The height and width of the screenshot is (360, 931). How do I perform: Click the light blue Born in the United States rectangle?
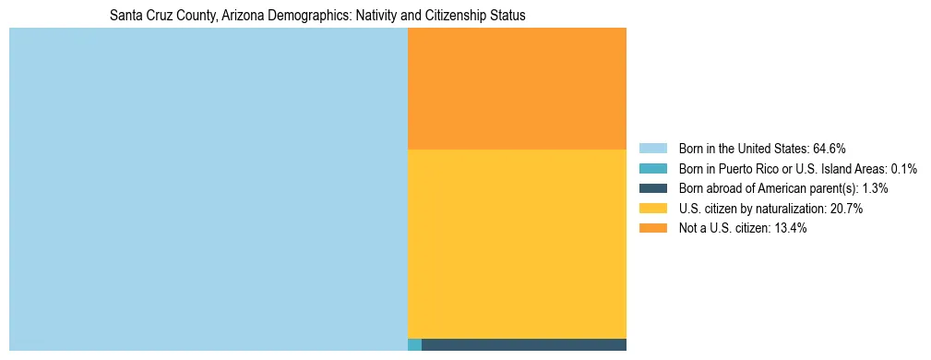pos(208,189)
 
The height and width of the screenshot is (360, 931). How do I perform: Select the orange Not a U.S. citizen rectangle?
pos(517,89)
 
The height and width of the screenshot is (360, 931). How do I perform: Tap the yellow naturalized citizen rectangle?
pos(517,244)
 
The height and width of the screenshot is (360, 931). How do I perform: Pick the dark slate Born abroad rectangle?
pos(523,345)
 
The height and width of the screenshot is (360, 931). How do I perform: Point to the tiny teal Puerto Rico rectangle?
pos(414,345)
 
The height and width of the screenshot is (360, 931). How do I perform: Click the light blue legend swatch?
pos(652,148)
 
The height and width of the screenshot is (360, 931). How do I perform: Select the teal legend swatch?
pos(652,168)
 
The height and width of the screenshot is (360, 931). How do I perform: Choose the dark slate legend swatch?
pos(652,188)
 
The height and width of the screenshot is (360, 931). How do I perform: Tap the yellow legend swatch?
pos(652,209)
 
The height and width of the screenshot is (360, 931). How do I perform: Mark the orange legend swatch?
pos(652,228)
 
